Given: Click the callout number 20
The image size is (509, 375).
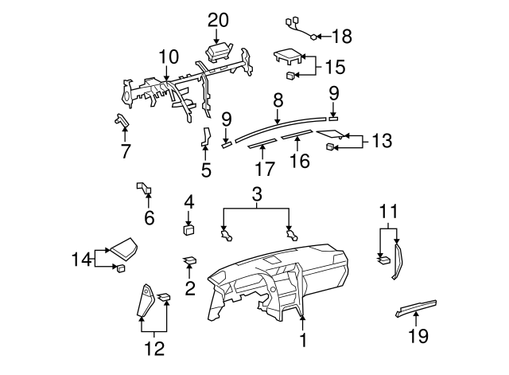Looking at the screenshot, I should point(218,19).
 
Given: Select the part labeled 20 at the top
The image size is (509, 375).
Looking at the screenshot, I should point(220,53).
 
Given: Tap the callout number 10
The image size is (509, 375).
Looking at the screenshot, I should point(168,57).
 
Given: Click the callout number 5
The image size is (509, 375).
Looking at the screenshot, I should point(206,170).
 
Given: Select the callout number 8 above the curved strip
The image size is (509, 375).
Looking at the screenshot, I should point(278,101).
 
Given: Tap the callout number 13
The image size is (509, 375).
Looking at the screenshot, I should point(382,141).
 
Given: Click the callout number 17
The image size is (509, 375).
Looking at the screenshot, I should point(264,169).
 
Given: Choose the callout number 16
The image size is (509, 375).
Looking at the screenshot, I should point(298,162).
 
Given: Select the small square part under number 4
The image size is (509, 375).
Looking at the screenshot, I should point(189,231).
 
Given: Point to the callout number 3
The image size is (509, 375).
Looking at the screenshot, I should point(257,194).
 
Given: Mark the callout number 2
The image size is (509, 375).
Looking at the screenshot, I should point(189,288).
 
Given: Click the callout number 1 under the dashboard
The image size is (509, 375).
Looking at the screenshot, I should point(302,341).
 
